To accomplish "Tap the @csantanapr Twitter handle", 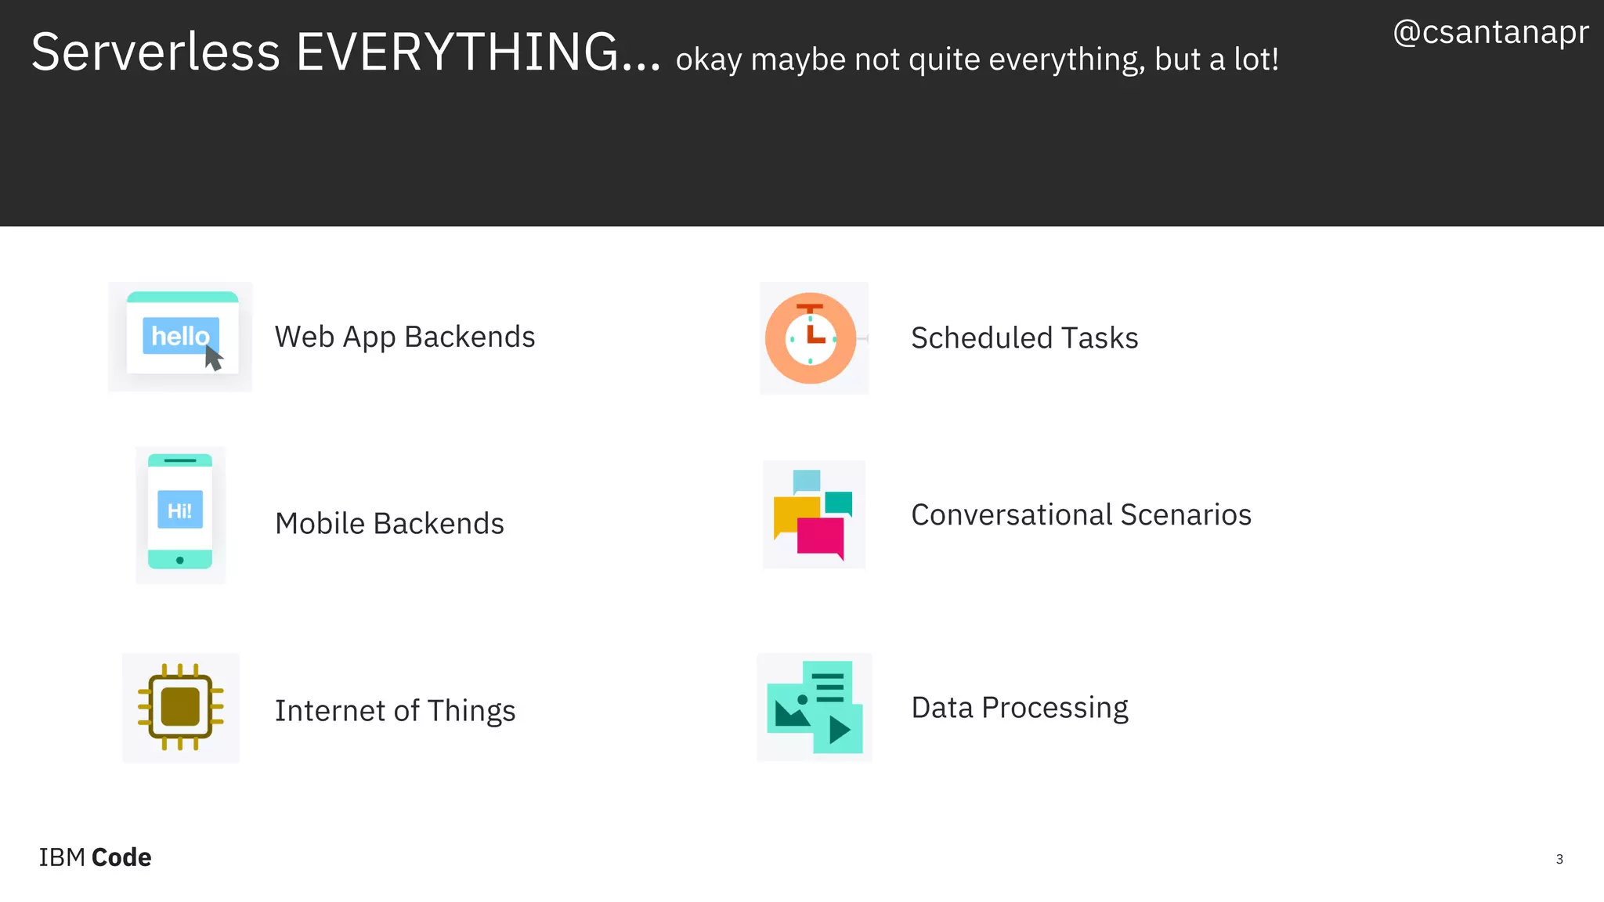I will (1490, 32).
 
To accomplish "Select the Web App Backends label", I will (404, 337).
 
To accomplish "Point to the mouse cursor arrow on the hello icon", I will (213, 358).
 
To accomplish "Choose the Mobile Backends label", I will (389, 523).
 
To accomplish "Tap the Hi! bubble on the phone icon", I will (180, 510).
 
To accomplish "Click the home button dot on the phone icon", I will (180, 560).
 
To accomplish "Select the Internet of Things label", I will (395, 710).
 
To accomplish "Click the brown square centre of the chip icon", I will (180, 707).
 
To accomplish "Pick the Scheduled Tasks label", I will (1024, 338).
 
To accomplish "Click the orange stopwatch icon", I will (811, 338).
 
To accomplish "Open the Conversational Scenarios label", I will (1081, 514).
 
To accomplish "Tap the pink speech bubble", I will (820, 536).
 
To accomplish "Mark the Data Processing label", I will (1019, 707).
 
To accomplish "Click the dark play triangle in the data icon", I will (839, 730).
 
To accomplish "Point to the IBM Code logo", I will (95, 857).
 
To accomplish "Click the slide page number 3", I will (1559, 859).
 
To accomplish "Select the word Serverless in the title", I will (155, 52).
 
